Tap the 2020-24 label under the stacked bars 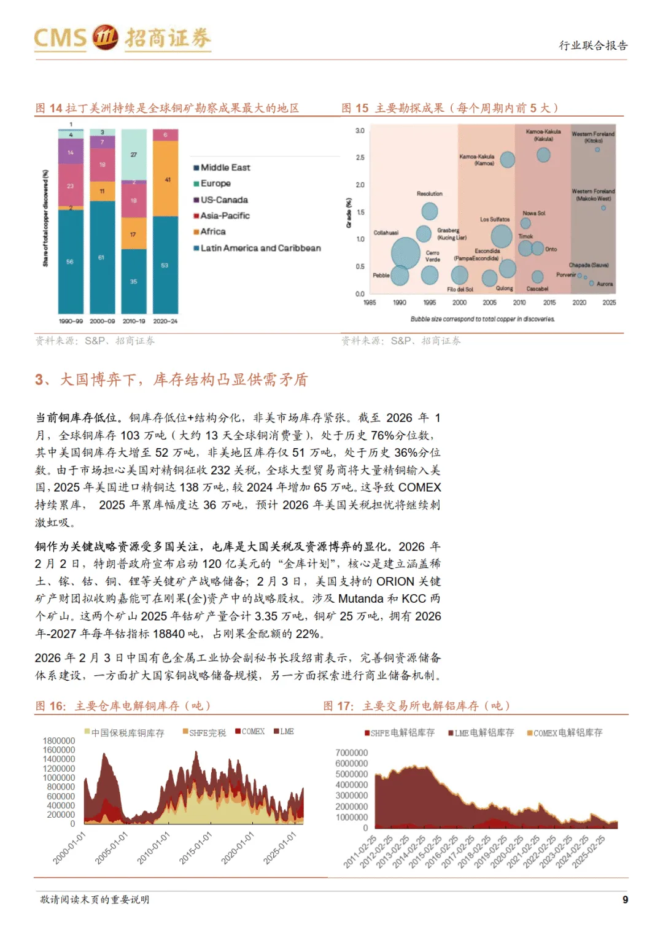pyautogui.click(x=165, y=321)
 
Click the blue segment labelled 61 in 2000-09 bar pyautogui.click(x=102, y=257)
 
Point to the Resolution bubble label pyautogui.click(x=429, y=194)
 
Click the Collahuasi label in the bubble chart pyautogui.click(x=386, y=233)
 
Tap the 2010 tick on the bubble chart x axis pyautogui.click(x=519, y=303)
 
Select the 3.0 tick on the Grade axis pyautogui.click(x=360, y=131)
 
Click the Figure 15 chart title pyautogui.click(x=449, y=108)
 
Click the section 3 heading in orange pyautogui.click(x=171, y=380)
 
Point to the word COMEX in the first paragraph pyautogui.click(x=419, y=487)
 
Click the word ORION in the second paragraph pyautogui.click(x=395, y=581)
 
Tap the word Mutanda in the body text pyautogui.click(x=360, y=599)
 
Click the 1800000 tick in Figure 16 pyautogui.click(x=59, y=741)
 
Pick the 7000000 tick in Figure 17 pyautogui.click(x=352, y=753)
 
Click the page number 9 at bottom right pyautogui.click(x=625, y=899)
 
